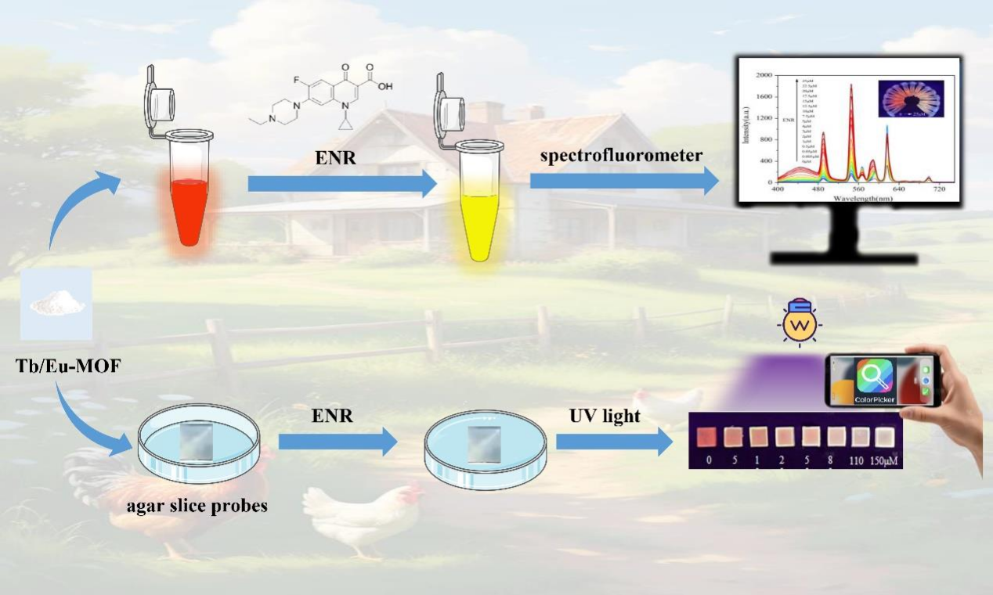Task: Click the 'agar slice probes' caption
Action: [197, 505]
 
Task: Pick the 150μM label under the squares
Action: [885, 460]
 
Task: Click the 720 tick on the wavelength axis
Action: [941, 189]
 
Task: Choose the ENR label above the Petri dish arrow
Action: [334, 416]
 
